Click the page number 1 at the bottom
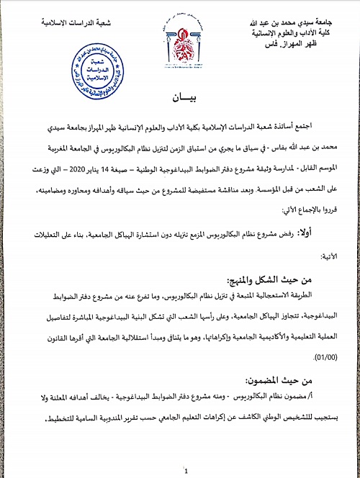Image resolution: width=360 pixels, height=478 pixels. pyautogui.click(x=186, y=472)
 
